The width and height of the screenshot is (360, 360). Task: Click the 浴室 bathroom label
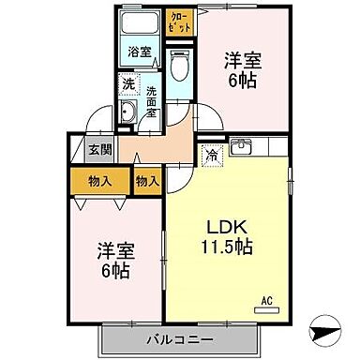coord(141,52)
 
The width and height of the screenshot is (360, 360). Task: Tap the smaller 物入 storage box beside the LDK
coord(146,179)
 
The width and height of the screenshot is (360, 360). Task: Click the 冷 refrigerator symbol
coord(212,153)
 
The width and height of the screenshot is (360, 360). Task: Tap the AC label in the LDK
coord(266,299)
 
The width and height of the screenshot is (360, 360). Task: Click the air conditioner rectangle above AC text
coord(266,308)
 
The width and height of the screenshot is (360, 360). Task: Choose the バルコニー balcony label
coord(178,337)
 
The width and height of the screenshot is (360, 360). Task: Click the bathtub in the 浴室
coord(141,24)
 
